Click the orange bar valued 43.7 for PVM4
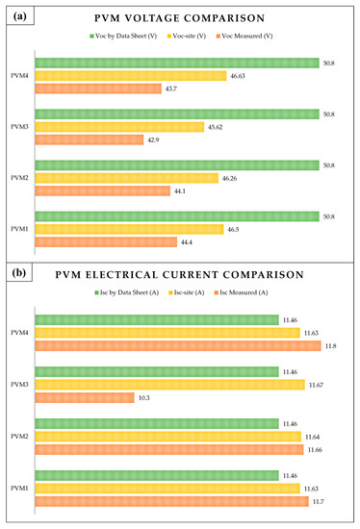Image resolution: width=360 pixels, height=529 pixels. (98, 88)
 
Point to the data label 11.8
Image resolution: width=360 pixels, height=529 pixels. (337, 345)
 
